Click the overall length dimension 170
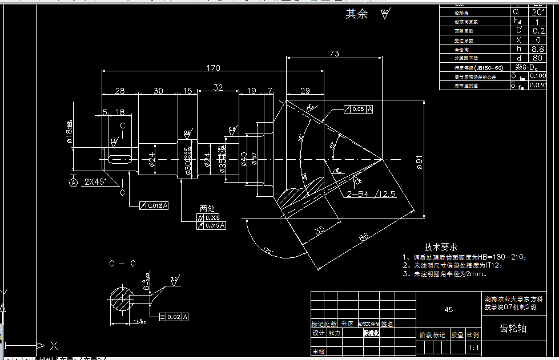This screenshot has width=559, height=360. pos(214,68)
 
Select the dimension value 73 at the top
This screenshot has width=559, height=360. pos(334,54)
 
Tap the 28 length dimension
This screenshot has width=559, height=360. pos(120,91)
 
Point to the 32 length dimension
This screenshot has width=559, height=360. pos(218,87)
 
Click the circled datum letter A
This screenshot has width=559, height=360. pos(73,183)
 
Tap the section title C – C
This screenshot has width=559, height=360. pos(122,264)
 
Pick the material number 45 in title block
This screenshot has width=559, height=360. pos(448,309)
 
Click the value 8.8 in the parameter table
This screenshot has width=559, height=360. pos(537,50)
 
